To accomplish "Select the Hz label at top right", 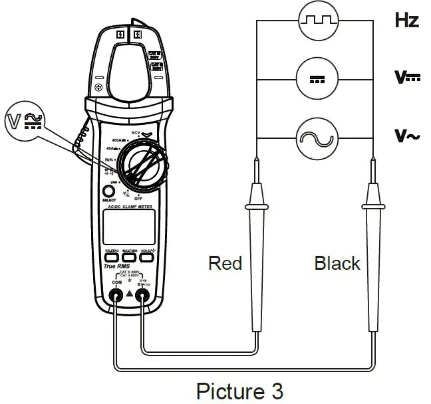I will click(x=406, y=20).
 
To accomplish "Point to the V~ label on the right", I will click(x=406, y=137).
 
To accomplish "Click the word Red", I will click(x=225, y=263).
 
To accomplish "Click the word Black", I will click(x=337, y=263).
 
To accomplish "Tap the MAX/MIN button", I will click(x=130, y=256).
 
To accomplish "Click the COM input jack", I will click(x=116, y=298).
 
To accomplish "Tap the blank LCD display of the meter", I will click(x=129, y=227).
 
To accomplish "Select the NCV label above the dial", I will click(x=137, y=132).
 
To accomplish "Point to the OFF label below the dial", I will click(x=138, y=198).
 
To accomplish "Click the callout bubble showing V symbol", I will click(x=25, y=121).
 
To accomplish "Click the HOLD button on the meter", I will click(x=148, y=256).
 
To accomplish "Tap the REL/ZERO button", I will click(x=111, y=256).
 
